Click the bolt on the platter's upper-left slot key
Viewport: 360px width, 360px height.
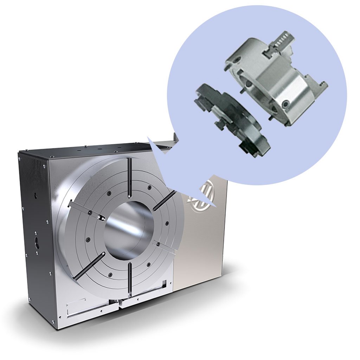[x=90, y=212]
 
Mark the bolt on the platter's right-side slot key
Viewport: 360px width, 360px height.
[x=158, y=244]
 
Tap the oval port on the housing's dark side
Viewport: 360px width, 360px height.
[x=37, y=243]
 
